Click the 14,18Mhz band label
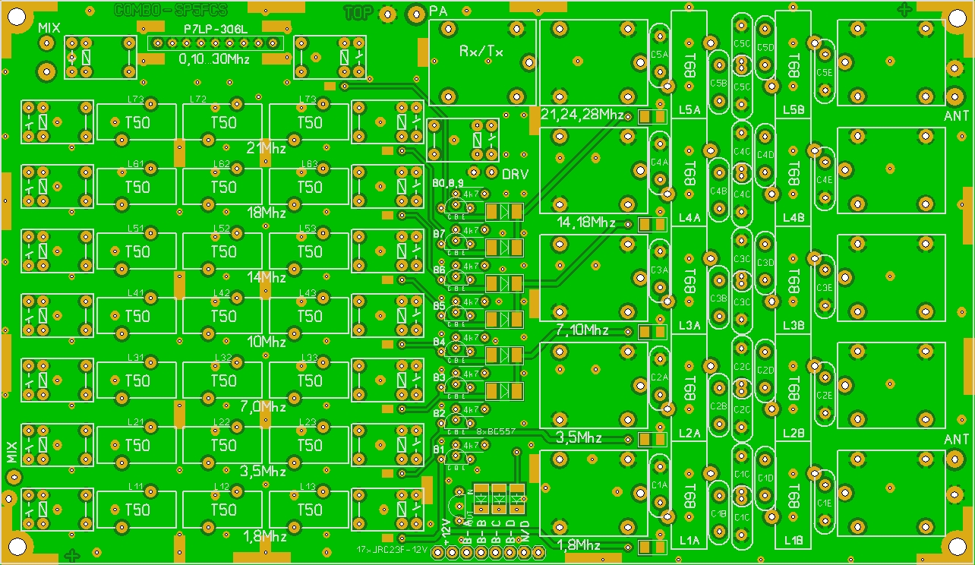(x=586, y=223)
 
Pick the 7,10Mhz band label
(x=582, y=330)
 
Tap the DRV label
(x=515, y=174)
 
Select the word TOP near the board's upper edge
(x=358, y=12)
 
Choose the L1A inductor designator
(x=689, y=541)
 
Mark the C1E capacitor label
(x=824, y=503)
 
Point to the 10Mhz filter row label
(x=267, y=341)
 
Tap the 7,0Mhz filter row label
(x=262, y=406)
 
